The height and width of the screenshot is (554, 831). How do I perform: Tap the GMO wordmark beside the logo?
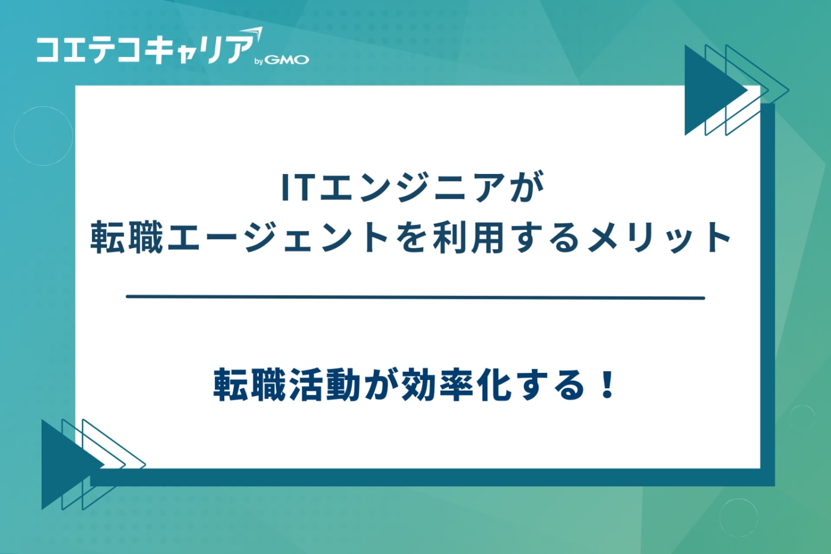click(x=286, y=60)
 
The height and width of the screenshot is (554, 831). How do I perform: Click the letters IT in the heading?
click(x=296, y=187)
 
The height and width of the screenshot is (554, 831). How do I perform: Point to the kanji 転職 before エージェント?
click(x=126, y=237)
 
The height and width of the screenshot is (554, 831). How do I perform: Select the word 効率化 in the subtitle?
click(x=455, y=385)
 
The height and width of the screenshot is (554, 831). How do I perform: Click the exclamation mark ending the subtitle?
click(x=607, y=385)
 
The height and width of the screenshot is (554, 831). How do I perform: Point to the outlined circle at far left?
click(x=43, y=136)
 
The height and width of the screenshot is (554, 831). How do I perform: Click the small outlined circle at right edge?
click(x=802, y=417)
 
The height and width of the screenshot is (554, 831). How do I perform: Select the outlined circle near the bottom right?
click(x=738, y=517)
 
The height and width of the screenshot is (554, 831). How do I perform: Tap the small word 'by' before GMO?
click(x=258, y=61)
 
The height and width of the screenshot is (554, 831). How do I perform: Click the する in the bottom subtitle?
click(x=550, y=385)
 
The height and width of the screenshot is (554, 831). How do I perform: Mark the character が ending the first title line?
click(x=526, y=187)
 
